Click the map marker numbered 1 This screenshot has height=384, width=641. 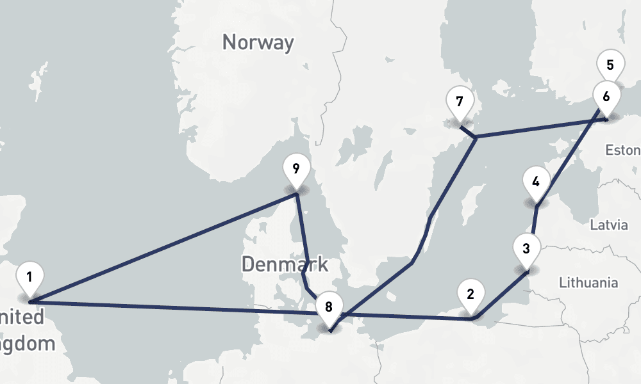coord(29,278)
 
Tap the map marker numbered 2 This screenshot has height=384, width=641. coord(470,295)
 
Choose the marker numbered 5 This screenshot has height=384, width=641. coord(610,65)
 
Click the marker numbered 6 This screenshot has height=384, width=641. coord(606,95)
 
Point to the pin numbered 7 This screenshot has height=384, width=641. coord(459,102)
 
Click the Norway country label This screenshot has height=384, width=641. coord(258,43)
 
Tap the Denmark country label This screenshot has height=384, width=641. coord(285,264)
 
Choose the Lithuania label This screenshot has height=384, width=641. coord(588,282)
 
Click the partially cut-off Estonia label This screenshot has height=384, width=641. coord(623,150)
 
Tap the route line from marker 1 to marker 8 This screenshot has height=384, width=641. coord(179,307)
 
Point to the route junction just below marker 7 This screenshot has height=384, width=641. coord(476,137)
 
